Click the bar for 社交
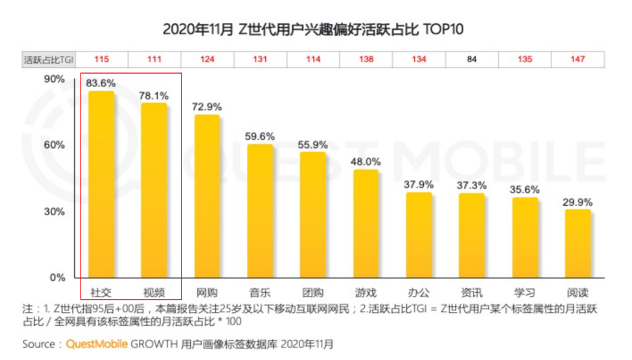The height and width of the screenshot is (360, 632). (x=102, y=184)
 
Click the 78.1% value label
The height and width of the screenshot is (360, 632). (x=154, y=95)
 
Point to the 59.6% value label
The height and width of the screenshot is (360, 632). (x=260, y=136)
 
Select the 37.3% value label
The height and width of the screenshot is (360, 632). (x=472, y=185)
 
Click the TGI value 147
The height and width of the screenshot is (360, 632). (x=577, y=60)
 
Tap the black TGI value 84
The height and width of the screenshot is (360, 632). (x=472, y=60)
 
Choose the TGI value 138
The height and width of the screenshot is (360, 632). (x=366, y=60)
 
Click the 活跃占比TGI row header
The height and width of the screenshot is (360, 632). (x=49, y=60)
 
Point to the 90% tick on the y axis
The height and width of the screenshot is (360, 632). (x=55, y=79)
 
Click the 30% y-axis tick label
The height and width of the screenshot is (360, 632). (x=55, y=211)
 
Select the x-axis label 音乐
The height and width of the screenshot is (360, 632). (x=260, y=293)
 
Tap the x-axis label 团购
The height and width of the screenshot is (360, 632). (x=313, y=293)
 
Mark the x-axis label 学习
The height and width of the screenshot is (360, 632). (x=525, y=293)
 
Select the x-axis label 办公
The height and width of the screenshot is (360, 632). (x=419, y=293)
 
